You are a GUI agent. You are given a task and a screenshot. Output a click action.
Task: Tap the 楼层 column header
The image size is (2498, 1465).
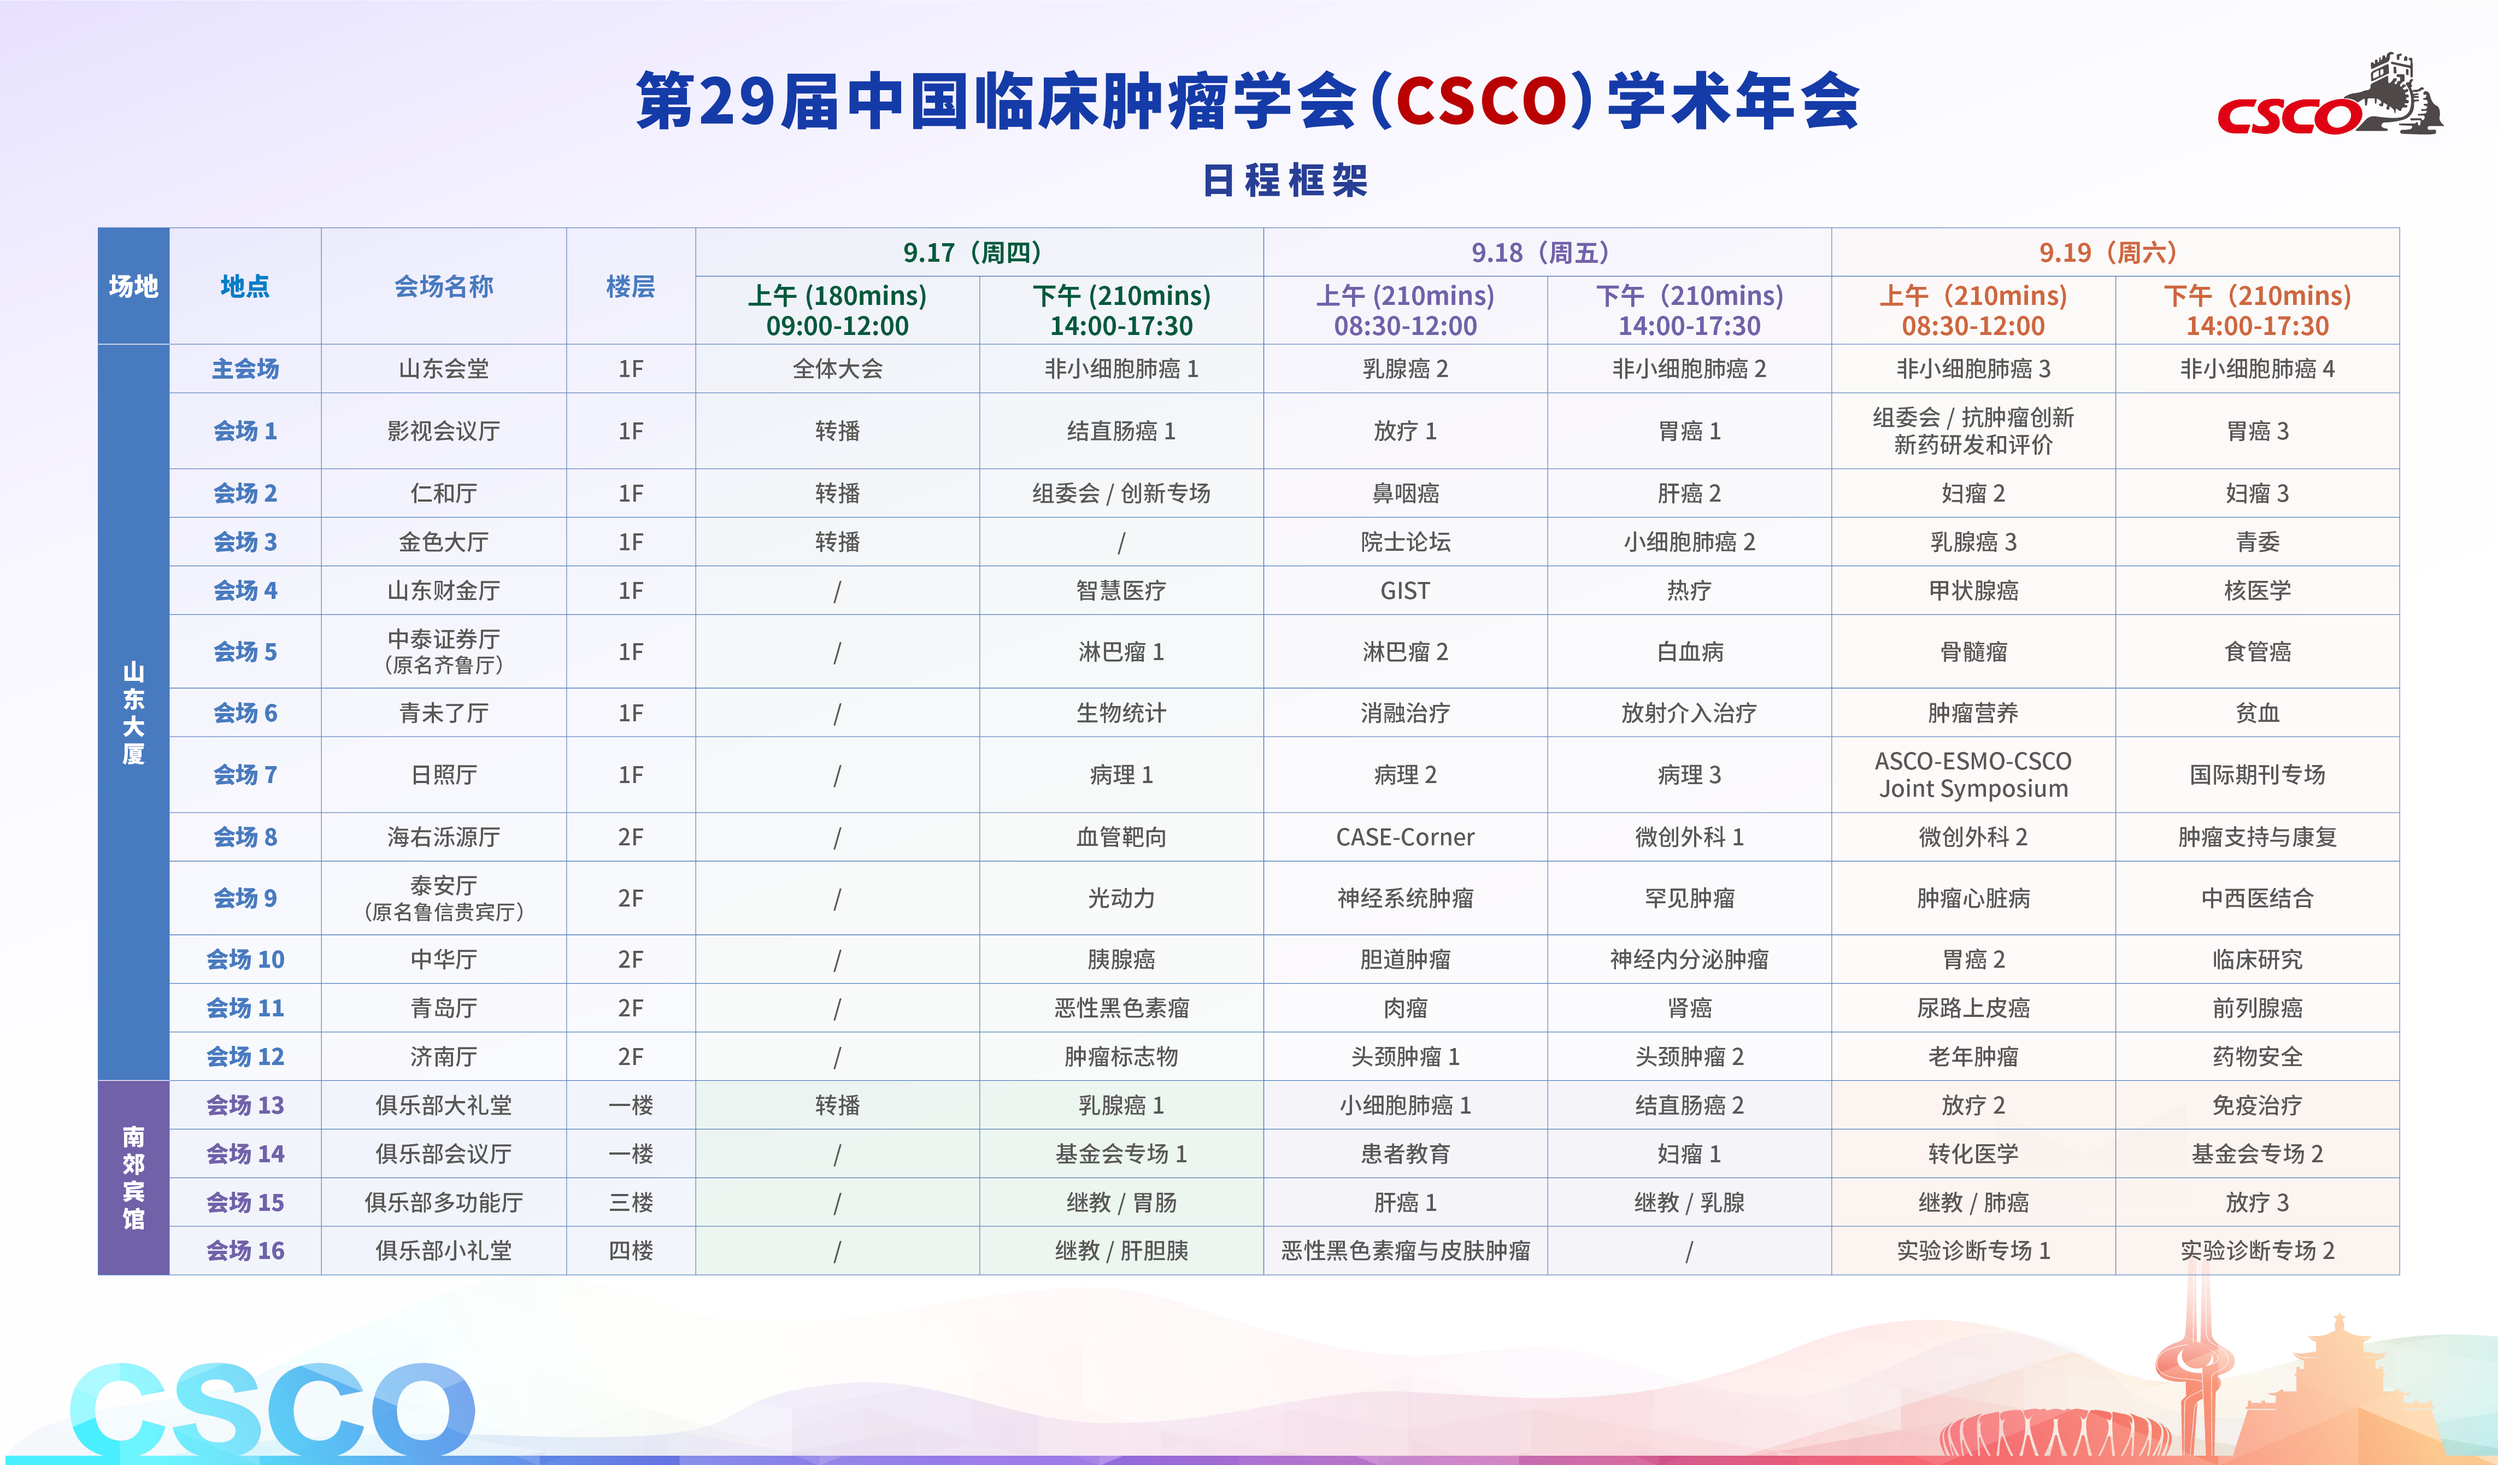pyautogui.click(x=631, y=286)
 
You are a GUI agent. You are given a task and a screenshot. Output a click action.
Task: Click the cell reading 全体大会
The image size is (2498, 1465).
pyautogui.click(x=838, y=369)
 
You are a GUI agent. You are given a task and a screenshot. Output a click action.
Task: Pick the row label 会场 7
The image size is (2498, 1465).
pyautogui.click(x=245, y=774)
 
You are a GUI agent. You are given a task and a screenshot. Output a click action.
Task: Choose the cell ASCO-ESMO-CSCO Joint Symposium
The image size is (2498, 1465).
pyautogui.click(x=1973, y=774)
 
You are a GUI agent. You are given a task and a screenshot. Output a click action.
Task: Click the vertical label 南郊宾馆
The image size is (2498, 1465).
pyautogui.click(x=134, y=1178)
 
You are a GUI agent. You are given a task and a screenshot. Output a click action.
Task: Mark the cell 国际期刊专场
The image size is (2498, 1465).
pyautogui.click(x=2257, y=774)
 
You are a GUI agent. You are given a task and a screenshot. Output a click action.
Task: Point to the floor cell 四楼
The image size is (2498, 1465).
pyautogui.click(x=631, y=1251)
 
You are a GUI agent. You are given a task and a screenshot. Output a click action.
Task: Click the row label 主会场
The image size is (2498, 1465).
pyautogui.click(x=245, y=369)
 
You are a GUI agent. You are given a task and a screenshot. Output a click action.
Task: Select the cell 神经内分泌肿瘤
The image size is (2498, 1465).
pyautogui.click(x=1689, y=960)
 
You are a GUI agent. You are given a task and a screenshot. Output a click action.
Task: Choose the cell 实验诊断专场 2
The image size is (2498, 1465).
pyautogui.click(x=2257, y=1251)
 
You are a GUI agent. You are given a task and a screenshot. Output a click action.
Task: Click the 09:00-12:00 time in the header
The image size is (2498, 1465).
pyautogui.click(x=838, y=326)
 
